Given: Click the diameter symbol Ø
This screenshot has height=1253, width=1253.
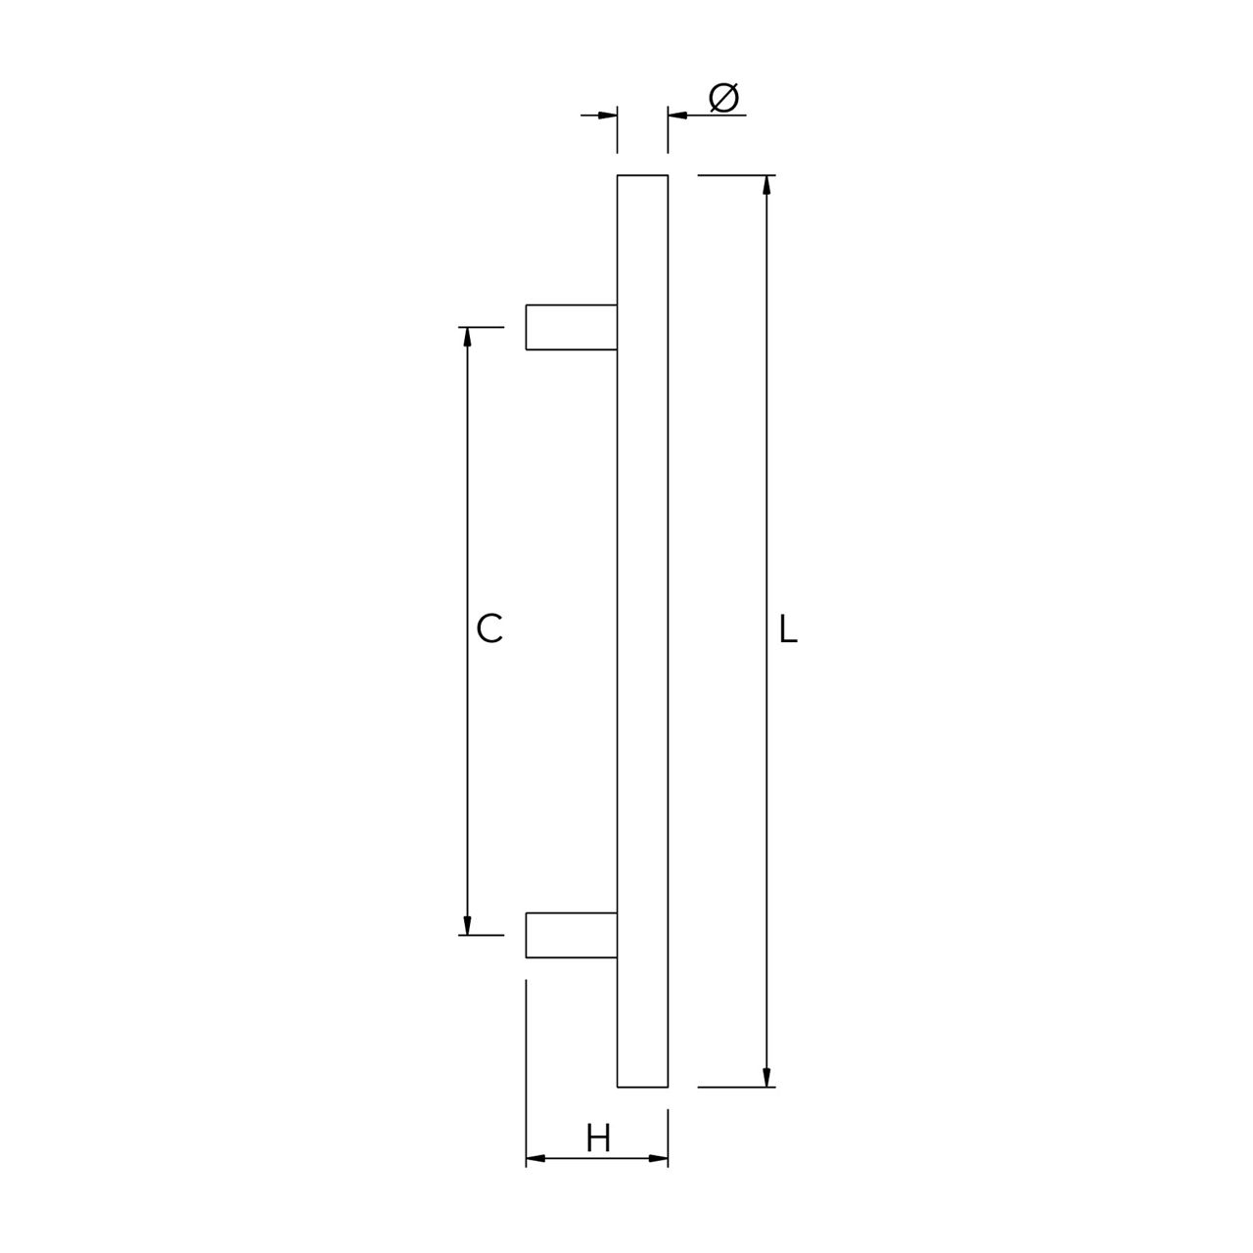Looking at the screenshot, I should tap(723, 98).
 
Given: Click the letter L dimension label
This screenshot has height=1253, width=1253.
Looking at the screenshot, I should tap(788, 629).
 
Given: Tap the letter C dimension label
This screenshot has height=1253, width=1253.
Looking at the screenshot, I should tap(489, 628).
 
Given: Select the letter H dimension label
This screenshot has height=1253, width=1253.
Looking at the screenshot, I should tap(598, 1138).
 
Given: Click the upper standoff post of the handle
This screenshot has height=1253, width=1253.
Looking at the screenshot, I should tap(572, 327).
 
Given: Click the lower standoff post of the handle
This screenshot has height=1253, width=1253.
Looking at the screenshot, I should tap(572, 935).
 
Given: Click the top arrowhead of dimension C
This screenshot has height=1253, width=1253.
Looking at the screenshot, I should tap(467, 337).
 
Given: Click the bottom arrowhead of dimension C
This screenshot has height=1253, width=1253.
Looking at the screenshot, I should tap(467, 924).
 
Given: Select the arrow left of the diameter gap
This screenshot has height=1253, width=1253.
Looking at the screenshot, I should tap(608, 116).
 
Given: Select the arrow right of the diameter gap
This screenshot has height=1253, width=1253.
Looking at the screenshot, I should tap(677, 116).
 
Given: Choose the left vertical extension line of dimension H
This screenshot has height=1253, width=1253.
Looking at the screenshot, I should tap(527, 1057).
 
